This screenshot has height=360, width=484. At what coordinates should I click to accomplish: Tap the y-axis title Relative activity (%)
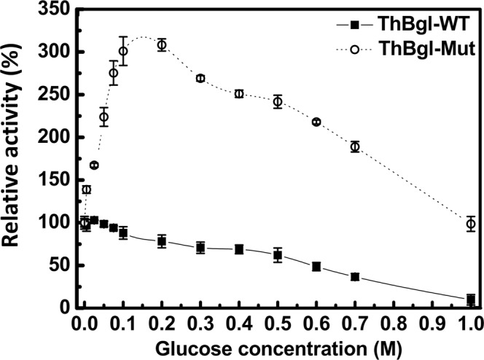(16, 153)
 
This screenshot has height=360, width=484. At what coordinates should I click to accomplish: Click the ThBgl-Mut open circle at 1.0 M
(471, 224)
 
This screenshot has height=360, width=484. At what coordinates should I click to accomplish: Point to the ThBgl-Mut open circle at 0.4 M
(239, 93)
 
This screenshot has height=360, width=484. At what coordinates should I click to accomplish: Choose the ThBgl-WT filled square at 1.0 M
(471, 299)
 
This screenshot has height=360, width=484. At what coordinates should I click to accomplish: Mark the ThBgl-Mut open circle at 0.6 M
(316, 122)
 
